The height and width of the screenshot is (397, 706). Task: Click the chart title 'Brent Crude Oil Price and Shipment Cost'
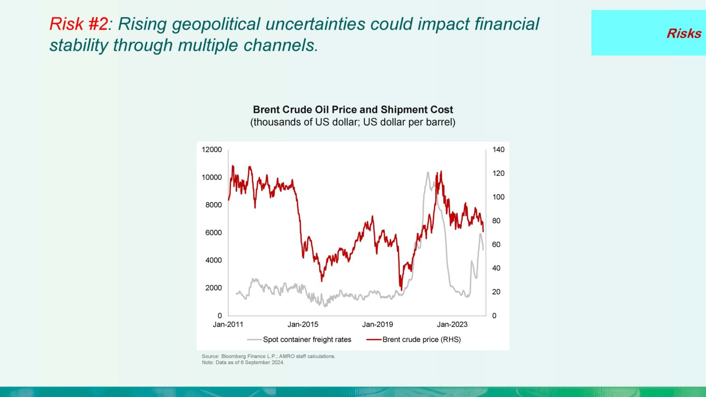point(353,110)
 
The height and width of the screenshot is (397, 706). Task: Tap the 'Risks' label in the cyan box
point(683,34)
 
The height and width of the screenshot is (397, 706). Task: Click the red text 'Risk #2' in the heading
point(78,24)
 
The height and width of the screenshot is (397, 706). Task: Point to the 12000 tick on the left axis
point(211,150)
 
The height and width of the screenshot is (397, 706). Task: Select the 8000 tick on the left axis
point(213,205)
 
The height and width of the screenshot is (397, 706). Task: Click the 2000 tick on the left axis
point(213,288)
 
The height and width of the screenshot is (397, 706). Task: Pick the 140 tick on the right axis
point(498,150)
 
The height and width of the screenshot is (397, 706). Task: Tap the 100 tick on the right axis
point(498,197)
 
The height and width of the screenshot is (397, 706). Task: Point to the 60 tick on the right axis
point(496,244)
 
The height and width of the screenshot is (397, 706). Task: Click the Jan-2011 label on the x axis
point(228,324)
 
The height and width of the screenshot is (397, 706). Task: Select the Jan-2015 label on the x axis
point(303,324)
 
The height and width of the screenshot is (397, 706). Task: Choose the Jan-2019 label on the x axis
point(377,324)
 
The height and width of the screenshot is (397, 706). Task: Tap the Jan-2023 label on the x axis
point(452,324)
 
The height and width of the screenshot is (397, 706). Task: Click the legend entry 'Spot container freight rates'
point(307,340)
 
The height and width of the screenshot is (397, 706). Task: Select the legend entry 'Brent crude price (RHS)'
point(421,340)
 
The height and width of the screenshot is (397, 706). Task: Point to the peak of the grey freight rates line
point(427,173)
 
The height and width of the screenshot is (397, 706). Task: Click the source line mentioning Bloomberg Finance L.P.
point(268,356)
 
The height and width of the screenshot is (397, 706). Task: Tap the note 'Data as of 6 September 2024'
point(243,363)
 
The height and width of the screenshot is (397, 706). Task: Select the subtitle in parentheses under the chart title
point(353,122)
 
